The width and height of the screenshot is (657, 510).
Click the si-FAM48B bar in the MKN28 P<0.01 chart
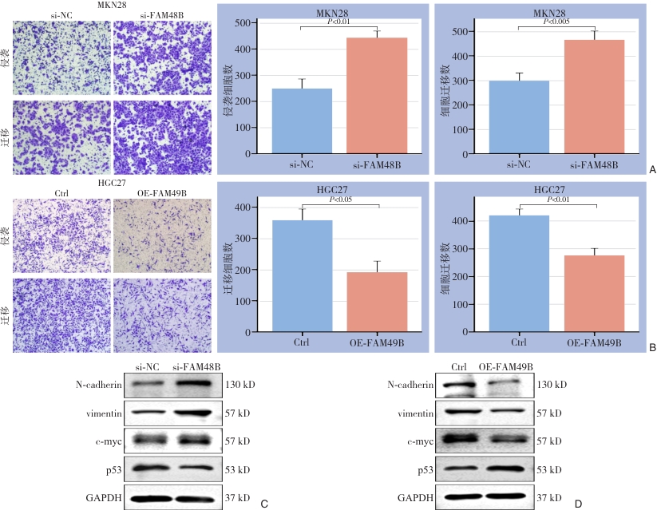(376, 96)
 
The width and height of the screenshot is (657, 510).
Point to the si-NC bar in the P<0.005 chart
(518, 117)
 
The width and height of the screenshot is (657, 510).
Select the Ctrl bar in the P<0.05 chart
(303, 276)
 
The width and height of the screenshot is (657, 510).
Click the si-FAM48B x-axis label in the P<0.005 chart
(594, 164)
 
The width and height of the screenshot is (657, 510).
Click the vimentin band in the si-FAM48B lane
(196, 413)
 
